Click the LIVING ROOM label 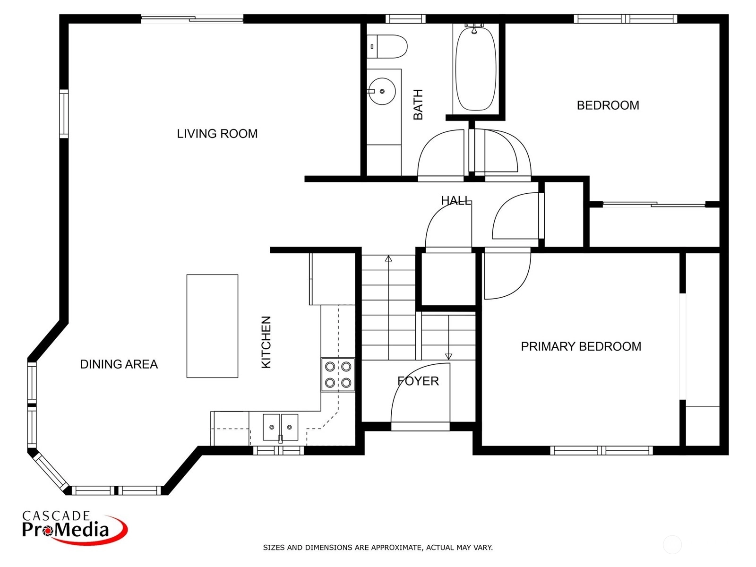pos(217,134)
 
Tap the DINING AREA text pos(119,364)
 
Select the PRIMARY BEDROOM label pos(581,346)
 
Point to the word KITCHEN pos(266,342)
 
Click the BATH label pos(418,104)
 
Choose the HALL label pos(455,200)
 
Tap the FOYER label pos(418,381)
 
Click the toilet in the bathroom pos(387,46)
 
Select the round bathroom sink pos(381,91)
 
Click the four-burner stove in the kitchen pos(338,375)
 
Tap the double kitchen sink pos(280,427)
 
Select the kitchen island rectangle pos(212,326)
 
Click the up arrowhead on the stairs pos(388,258)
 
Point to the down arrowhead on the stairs pos(448,357)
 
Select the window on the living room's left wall pos(64,113)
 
